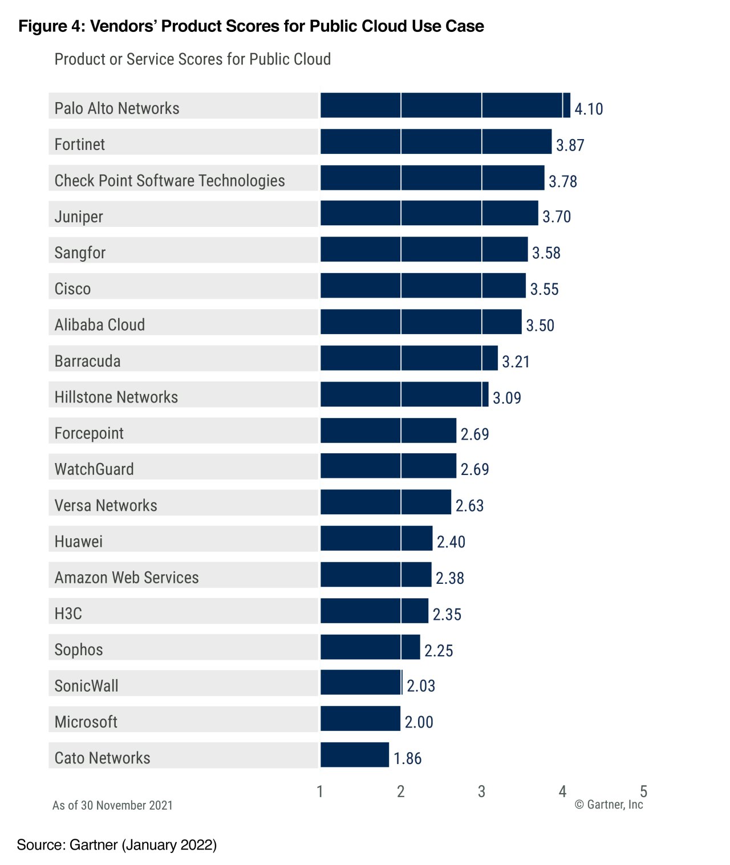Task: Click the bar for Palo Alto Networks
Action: click(445, 105)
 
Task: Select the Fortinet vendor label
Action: click(80, 144)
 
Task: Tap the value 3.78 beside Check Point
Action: click(563, 181)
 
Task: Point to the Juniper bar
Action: click(429, 213)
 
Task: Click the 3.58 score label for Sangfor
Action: click(546, 253)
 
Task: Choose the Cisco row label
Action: click(72, 289)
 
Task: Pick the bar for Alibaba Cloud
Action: click(421, 322)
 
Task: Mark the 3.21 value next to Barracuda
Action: click(516, 362)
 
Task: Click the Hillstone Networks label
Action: click(116, 397)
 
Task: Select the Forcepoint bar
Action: click(388, 431)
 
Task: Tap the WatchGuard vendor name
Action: click(94, 469)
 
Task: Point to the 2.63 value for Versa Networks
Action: click(469, 506)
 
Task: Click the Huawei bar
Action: click(376, 538)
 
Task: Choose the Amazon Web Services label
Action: click(127, 578)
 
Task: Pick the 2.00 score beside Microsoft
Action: click(419, 722)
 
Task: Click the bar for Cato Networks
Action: click(355, 755)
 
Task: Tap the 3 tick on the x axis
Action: click(482, 791)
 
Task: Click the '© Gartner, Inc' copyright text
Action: click(609, 805)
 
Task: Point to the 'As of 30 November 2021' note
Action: click(112, 805)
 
